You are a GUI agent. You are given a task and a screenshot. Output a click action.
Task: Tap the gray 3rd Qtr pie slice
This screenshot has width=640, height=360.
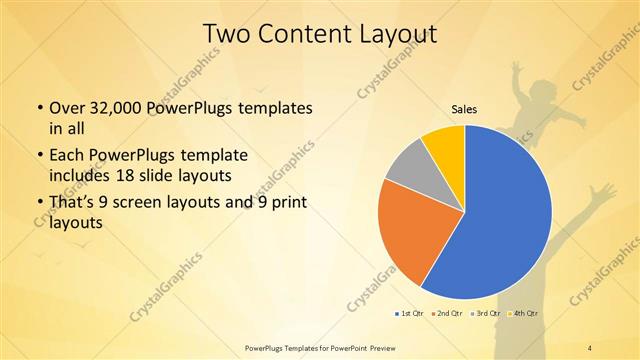(x=409, y=170)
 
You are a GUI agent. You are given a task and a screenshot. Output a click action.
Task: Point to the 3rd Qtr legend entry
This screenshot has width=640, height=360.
(x=486, y=314)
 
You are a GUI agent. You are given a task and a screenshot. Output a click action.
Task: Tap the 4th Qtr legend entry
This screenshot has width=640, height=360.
(x=524, y=314)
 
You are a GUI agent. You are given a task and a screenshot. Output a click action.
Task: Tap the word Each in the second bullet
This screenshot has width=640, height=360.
(x=68, y=157)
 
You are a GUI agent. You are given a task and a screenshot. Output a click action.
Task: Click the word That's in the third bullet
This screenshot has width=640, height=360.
(x=74, y=203)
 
